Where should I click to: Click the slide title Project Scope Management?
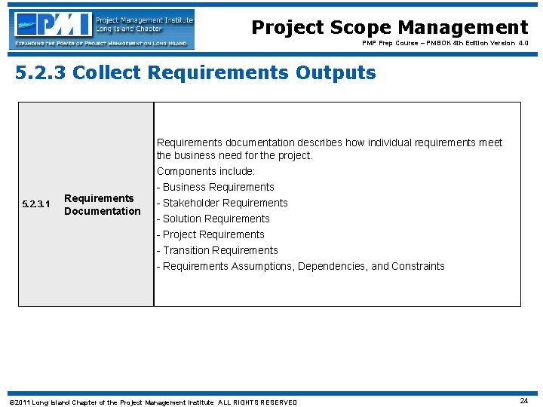click(x=389, y=28)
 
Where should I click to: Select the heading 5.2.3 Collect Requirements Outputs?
click(x=195, y=73)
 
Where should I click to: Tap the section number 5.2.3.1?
click(x=36, y=204)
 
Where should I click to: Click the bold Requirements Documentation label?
click(x=102, y=204)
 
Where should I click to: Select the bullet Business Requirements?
click(x=216, y=187)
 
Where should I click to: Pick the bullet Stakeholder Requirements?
click(x=222, y=203)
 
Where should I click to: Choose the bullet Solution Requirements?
click(x=213, y=219)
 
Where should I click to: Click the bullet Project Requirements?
click(x=210, y=234)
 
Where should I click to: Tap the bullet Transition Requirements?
click(x=217, y=250)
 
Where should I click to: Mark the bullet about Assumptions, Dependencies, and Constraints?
click(x=301, y=266)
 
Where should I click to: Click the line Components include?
click(x=206, y=171)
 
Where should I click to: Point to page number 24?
click(x=523, y=401)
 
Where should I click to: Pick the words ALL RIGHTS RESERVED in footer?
click(x=258, y=402)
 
